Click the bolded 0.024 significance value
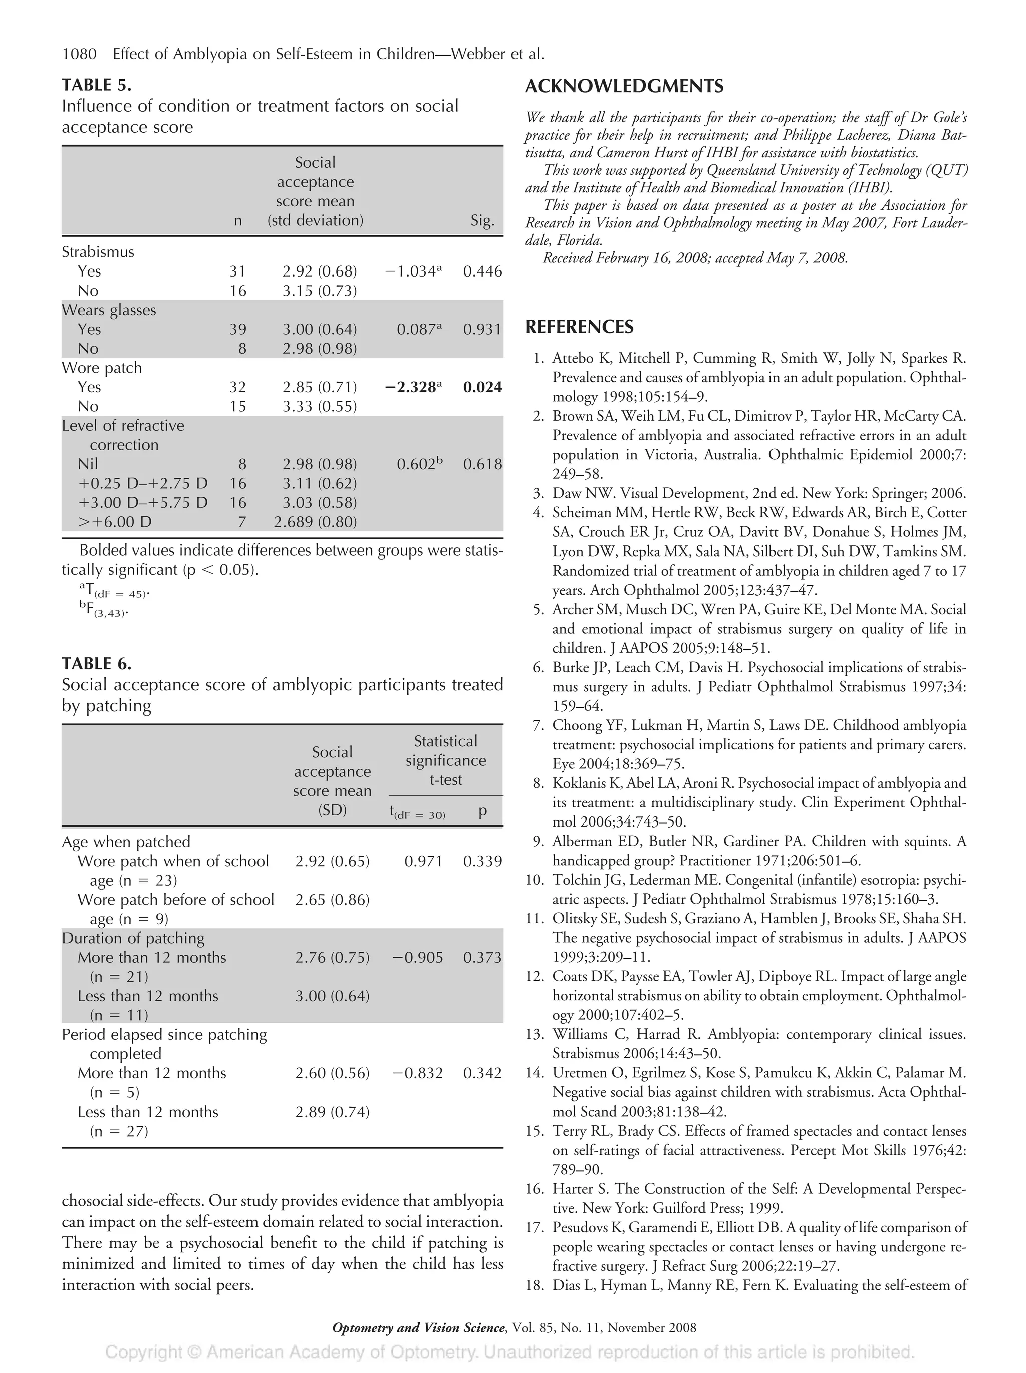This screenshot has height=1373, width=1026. tap(482, 387)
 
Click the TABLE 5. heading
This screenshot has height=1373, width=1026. tap(96, 85)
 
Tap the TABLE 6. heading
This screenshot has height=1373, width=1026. tap(96, 664)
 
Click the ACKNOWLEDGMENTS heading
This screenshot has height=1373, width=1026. tap(624, 86)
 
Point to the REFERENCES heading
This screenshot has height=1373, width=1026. tap(579, 327)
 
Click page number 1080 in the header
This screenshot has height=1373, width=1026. tap(80, 55)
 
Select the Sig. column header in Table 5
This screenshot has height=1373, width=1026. tap(482, 221)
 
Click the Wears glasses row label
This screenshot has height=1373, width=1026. tap(109, 310)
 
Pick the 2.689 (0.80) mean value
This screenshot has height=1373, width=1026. tap(315, 522)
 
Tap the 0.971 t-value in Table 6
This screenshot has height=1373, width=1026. tap(423, 861)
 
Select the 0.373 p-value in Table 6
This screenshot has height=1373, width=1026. tap(482, 957)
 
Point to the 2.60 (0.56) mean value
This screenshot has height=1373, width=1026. tap(332, 1073)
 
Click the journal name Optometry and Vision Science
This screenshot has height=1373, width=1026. tap(418, 1328)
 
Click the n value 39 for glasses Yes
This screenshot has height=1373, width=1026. tap(238, 329)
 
